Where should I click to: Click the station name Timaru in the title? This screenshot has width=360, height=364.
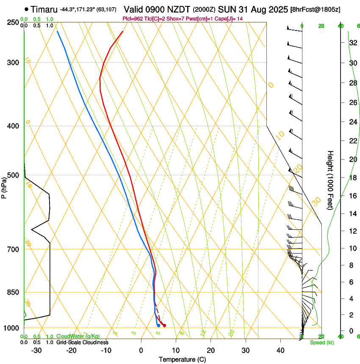pyautogui.click(x=44, y=9)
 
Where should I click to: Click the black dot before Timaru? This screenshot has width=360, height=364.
pyautogui.click(x=26, y=9)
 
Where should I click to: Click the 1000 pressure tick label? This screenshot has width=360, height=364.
pyautogui.click(x=12, y=328)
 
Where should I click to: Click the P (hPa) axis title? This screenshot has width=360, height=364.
pyautogui.click(x=4, y=186)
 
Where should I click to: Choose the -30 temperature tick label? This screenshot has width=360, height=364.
pyautogui.click(x=36, y=350)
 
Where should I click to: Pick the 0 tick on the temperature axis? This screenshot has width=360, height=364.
pyautogui.click(x=141, y=350)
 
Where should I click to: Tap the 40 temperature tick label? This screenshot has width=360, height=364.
pyautogui.click(x=280, y=350)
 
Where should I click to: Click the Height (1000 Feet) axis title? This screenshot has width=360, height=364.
pyautogui.click(x=330, y=180)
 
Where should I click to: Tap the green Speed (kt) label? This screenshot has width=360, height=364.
pyautogui.click(x=321, y=342)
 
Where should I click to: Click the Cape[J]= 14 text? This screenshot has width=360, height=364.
pyautogui.click(x=230, y=19)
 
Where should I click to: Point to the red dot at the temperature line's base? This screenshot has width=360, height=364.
pyautogui.click(x=164, y=325)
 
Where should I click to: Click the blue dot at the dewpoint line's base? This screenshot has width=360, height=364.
pyautogui.click(x=158, y=325)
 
